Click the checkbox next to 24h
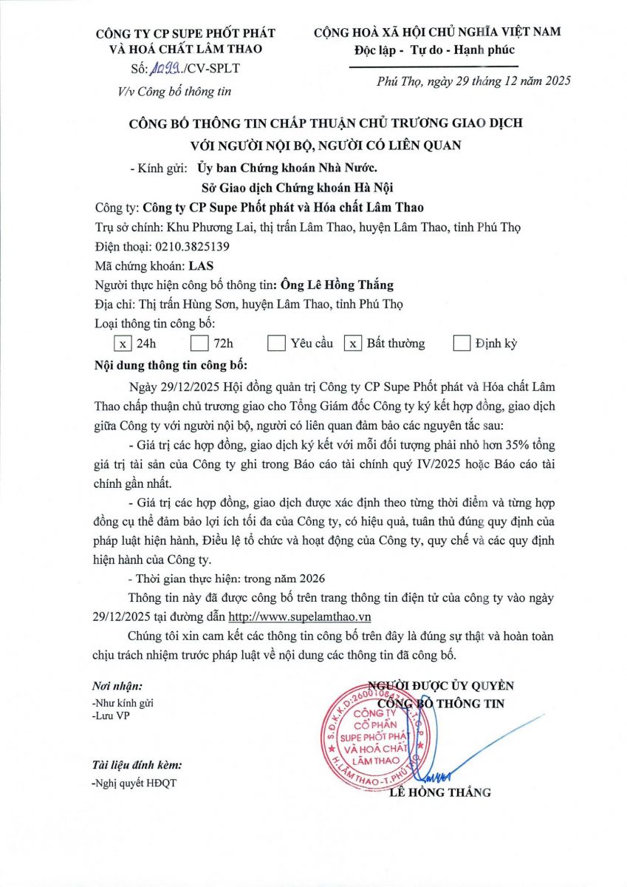123,343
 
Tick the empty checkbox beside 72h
199,343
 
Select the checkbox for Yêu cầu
276,343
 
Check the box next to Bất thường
354,343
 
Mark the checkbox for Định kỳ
462,343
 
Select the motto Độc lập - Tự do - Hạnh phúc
434,50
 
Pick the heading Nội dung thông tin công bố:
172,365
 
